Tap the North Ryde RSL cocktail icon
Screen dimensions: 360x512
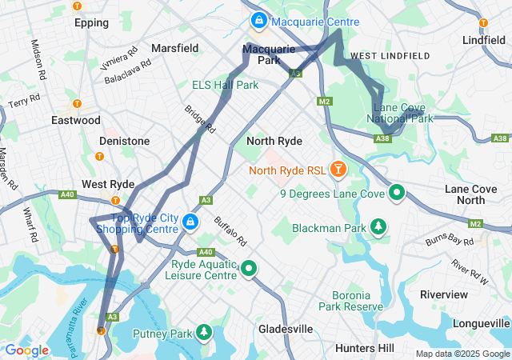click(x=339, y=169)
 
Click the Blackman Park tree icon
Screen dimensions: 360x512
click(x=378, y=228)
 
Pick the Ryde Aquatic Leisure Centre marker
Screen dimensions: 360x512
click(x=249, y=270)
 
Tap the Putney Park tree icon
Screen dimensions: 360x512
click(x=205, y=332)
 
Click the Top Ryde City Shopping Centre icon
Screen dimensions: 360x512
click(x=190, y=222)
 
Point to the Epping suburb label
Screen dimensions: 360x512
click(x=91, y=22)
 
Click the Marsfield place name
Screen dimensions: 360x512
click(x=174, y=48)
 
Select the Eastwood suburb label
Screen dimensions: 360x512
click(x=76, y=120)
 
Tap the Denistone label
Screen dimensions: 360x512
click(x=124, y=141)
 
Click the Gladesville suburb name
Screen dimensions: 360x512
click(x=286, y=329)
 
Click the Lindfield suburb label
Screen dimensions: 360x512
click(x=484, y=39)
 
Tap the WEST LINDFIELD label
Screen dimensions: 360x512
click(x=390, y=55)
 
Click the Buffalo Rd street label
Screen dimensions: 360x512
click(x=230, y=232)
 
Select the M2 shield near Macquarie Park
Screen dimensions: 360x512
click(x=324, y=102)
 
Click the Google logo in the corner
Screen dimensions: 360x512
click(x=26, y=350)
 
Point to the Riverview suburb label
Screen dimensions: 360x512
click(x=443, y=294)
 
